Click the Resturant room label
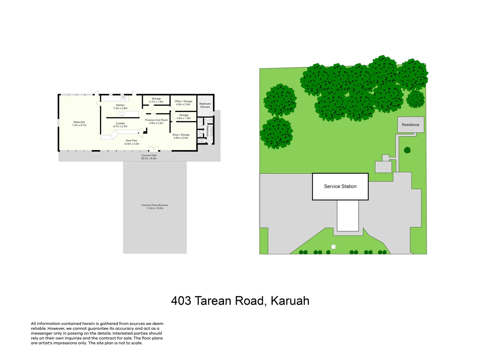(x=79, y=123)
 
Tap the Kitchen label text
(x=120, y=107)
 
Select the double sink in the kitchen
(x=123, y=98)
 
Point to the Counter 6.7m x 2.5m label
(x=120, y=125)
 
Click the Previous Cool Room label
(x=156, y=121)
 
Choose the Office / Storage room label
(x=183, y=103)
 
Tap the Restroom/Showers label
(x=205, y=105)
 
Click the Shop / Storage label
(x=181, y=136)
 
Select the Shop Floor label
(x=131, y=142)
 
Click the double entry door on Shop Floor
(x=153, y=149)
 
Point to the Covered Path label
(x=149, y=157)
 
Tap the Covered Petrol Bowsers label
(x=155, y=206)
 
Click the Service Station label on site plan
(x=340, y=186)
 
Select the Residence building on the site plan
(x=410, y=125)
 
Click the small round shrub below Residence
(x=407, y=150)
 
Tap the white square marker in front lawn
(x=333, y=247)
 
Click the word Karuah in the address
(x=290, y=301)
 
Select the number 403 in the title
(x=181, y=301)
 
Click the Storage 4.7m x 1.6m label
(x=156, y=100)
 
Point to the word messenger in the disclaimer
(x=42, y=333)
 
